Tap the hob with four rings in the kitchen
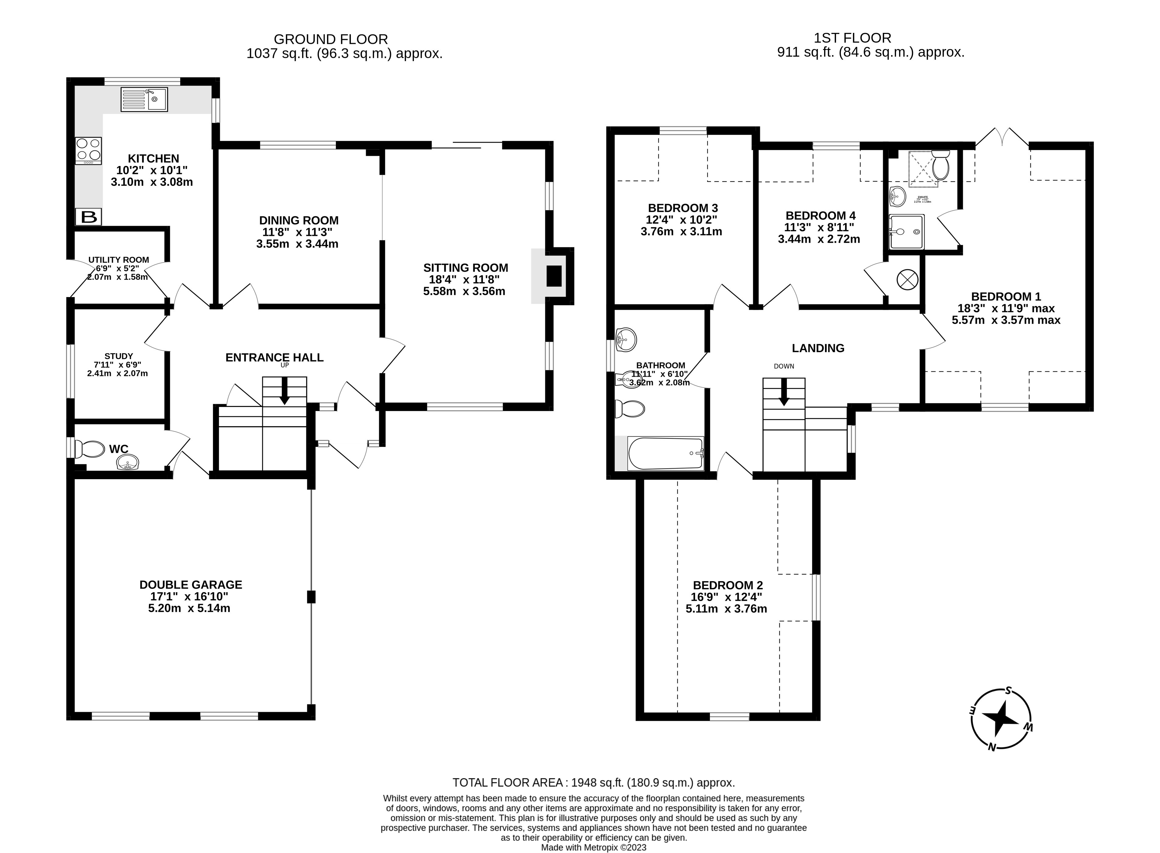[x=88, y=150]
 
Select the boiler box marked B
[x=89, y=217]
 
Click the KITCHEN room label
[x=153, y=158]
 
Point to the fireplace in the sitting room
[x=553, y=276]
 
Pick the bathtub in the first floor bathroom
[x=665, y=453]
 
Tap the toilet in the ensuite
[x=941, y=165]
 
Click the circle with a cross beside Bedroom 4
[x=907, y=279]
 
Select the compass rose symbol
[x=1000, y=718]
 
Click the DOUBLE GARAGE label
[x=191, y=585]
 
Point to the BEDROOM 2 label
[x=727, y=585]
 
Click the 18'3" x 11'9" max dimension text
[x=1006, y=308]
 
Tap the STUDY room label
[x=119, y=356]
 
